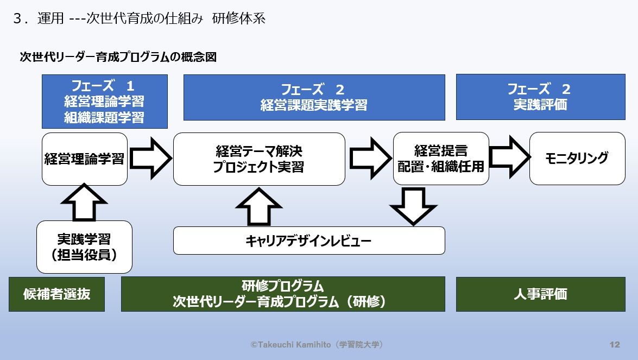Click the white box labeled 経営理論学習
click(x=84, y=159)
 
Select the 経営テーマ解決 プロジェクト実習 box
click(x=259, y=159)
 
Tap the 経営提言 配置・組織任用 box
click(x=440, y=159)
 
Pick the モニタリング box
click(x=577, y=159)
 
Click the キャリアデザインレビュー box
click(x=308, y=241)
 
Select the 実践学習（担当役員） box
click(x=84, y=247)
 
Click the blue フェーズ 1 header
click(x=104, y=102)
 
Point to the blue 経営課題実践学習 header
click(x=314, y=97)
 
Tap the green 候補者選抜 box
click(x=56, y=294)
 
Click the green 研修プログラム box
click(x=282, y=294)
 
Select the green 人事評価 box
click(x=540, y=294)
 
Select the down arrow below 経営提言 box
click(x=413, y=205)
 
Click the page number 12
click(x=615, y=345)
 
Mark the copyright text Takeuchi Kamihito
click(x=318, y=345)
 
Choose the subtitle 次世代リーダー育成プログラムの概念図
click(x=118, y=57)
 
